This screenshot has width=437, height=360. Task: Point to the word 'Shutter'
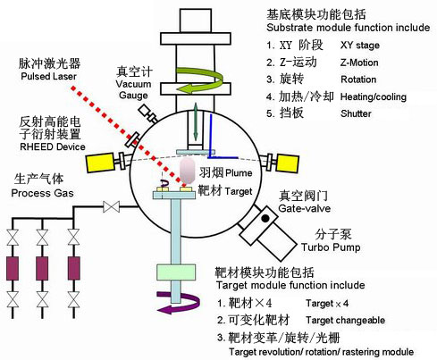pyautogui.click(x=357, y=113)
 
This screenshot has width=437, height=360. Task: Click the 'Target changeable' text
pyautogui.click(x=369, y=319)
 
